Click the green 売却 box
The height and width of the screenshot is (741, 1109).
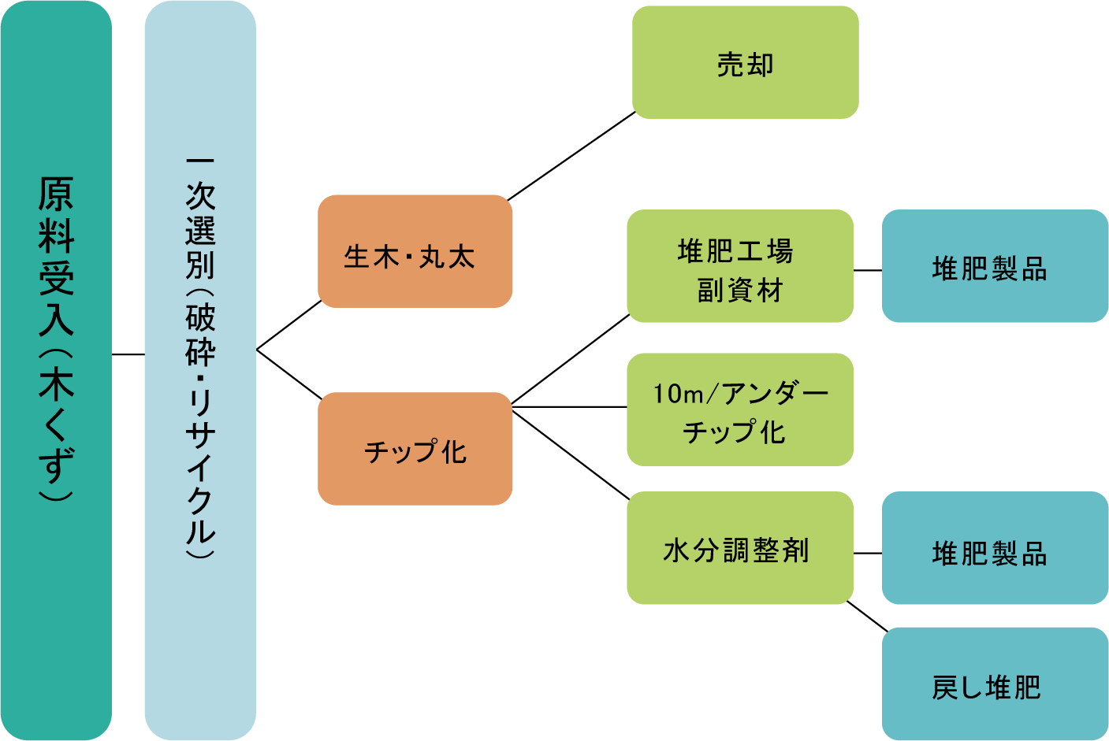745,63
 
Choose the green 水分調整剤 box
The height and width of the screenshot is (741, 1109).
739,549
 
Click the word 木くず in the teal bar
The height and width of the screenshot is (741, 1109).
56,425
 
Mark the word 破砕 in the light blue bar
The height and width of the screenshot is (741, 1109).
200,335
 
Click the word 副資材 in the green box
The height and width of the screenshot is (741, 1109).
739,291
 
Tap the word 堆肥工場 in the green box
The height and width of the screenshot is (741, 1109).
735,251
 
